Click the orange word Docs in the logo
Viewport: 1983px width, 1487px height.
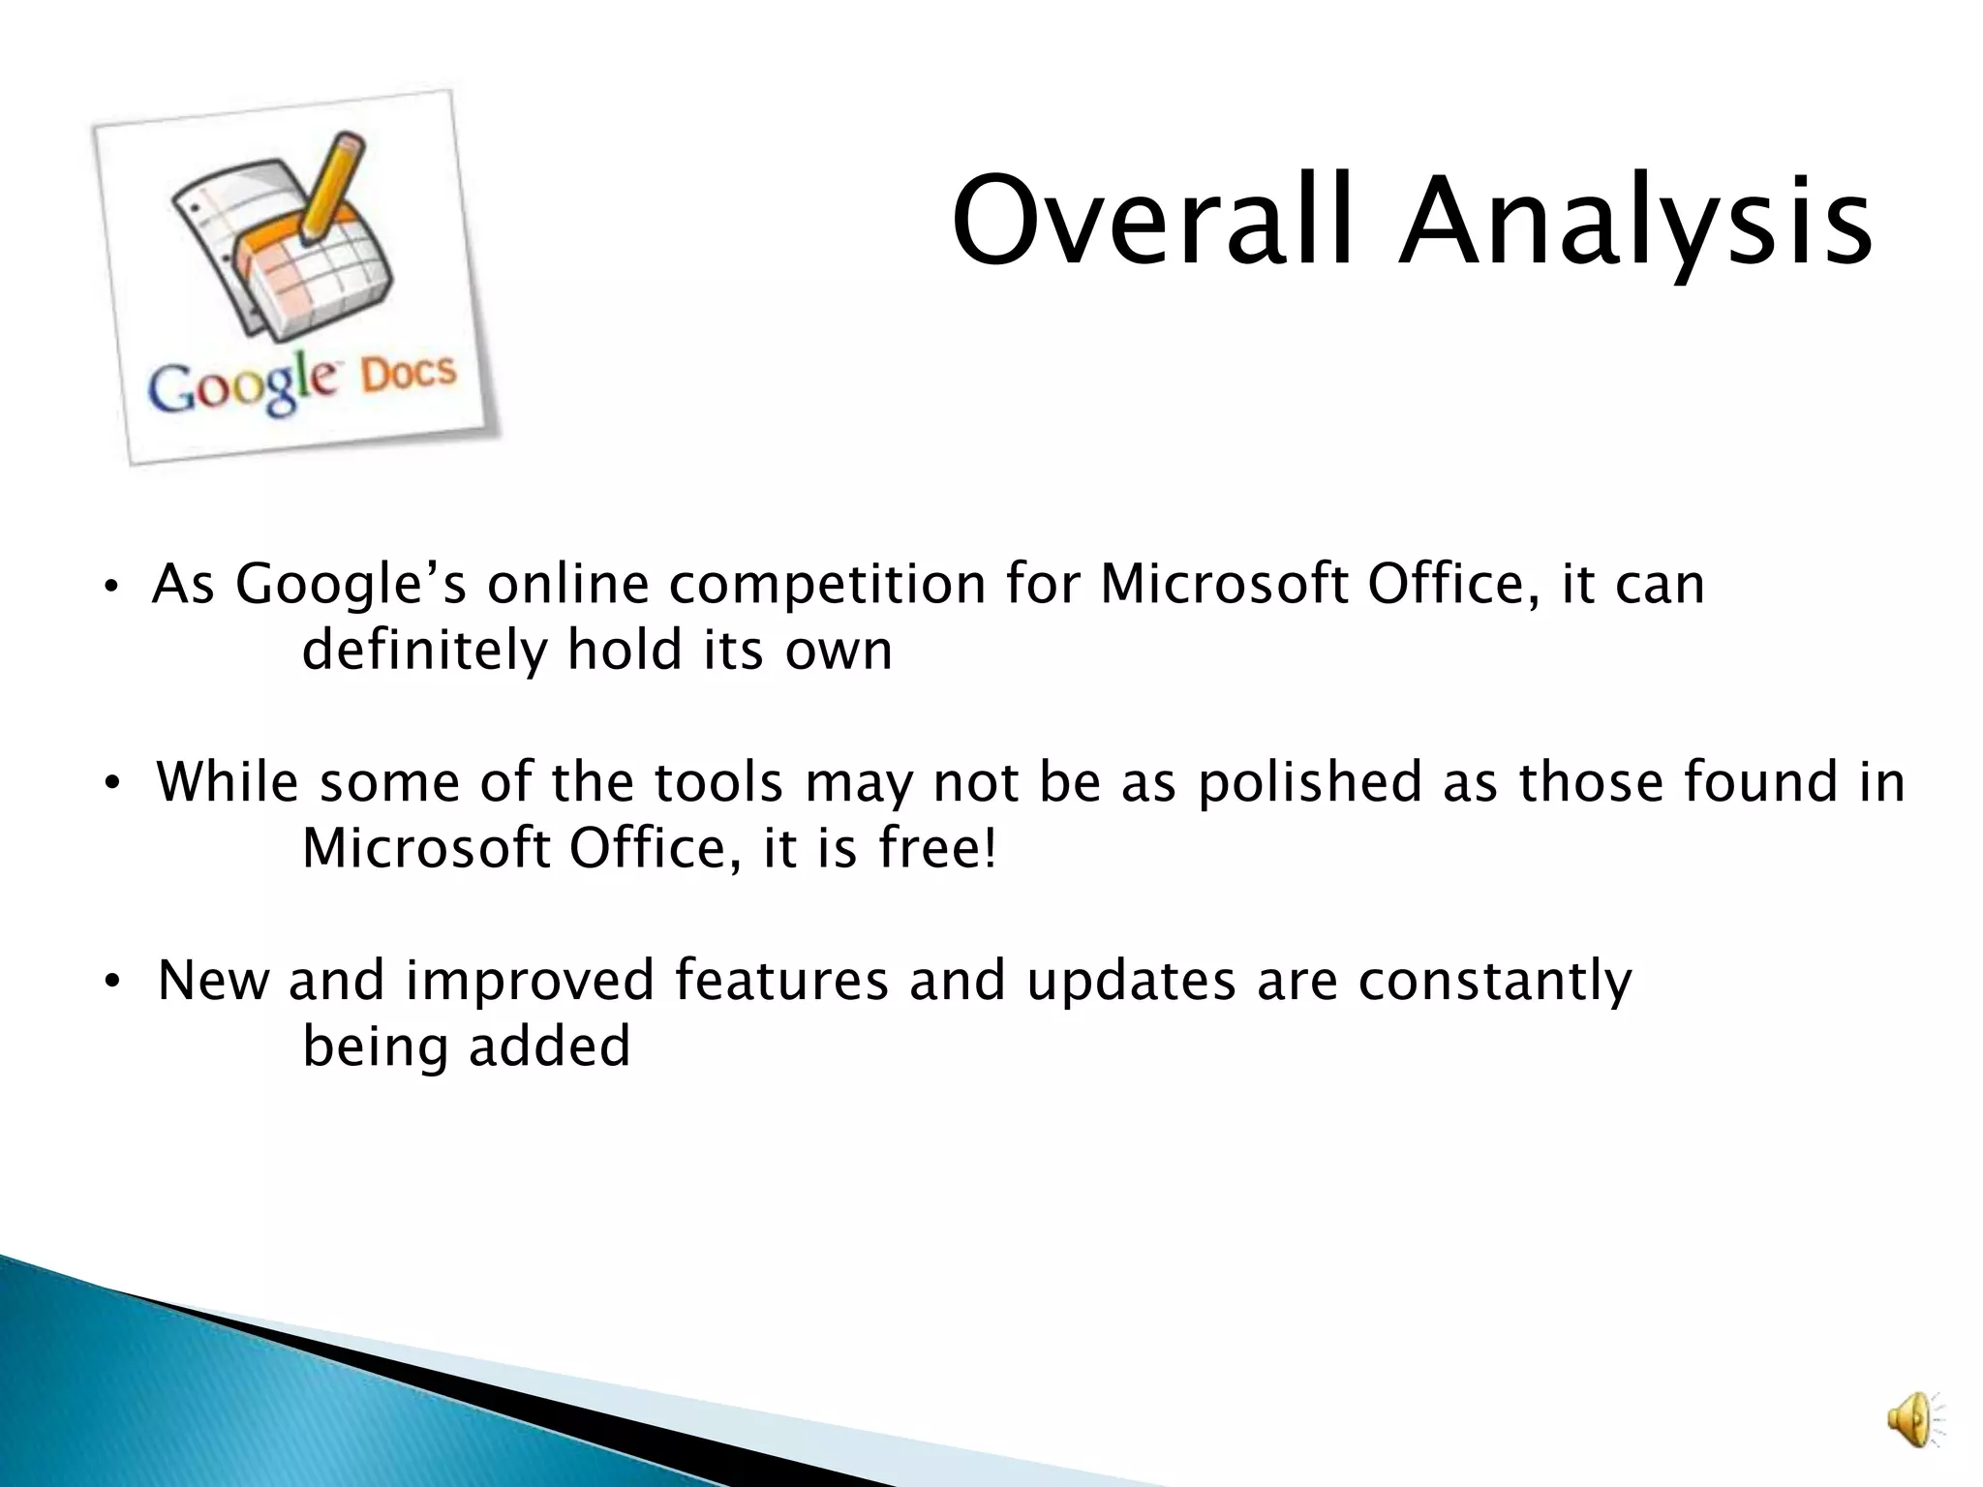click(408, 374)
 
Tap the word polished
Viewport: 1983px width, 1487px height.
click(1309, 782)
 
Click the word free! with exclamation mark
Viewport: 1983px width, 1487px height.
click(936, 848)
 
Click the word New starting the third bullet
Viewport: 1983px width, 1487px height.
click(212, 980)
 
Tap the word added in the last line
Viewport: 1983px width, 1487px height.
click(549, 1047)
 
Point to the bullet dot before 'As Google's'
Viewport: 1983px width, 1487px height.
click(112, 587)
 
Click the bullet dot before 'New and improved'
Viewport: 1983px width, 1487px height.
click(112, 982)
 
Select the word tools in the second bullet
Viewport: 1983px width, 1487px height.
click(716, 782)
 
